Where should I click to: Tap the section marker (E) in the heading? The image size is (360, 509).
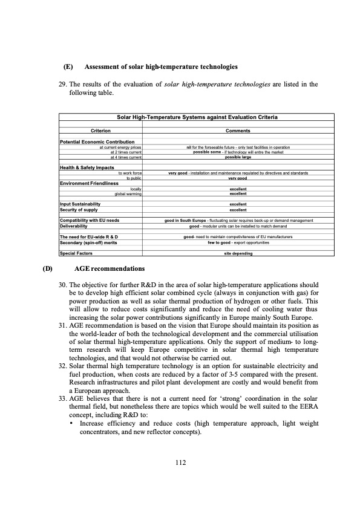coord(68,66)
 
